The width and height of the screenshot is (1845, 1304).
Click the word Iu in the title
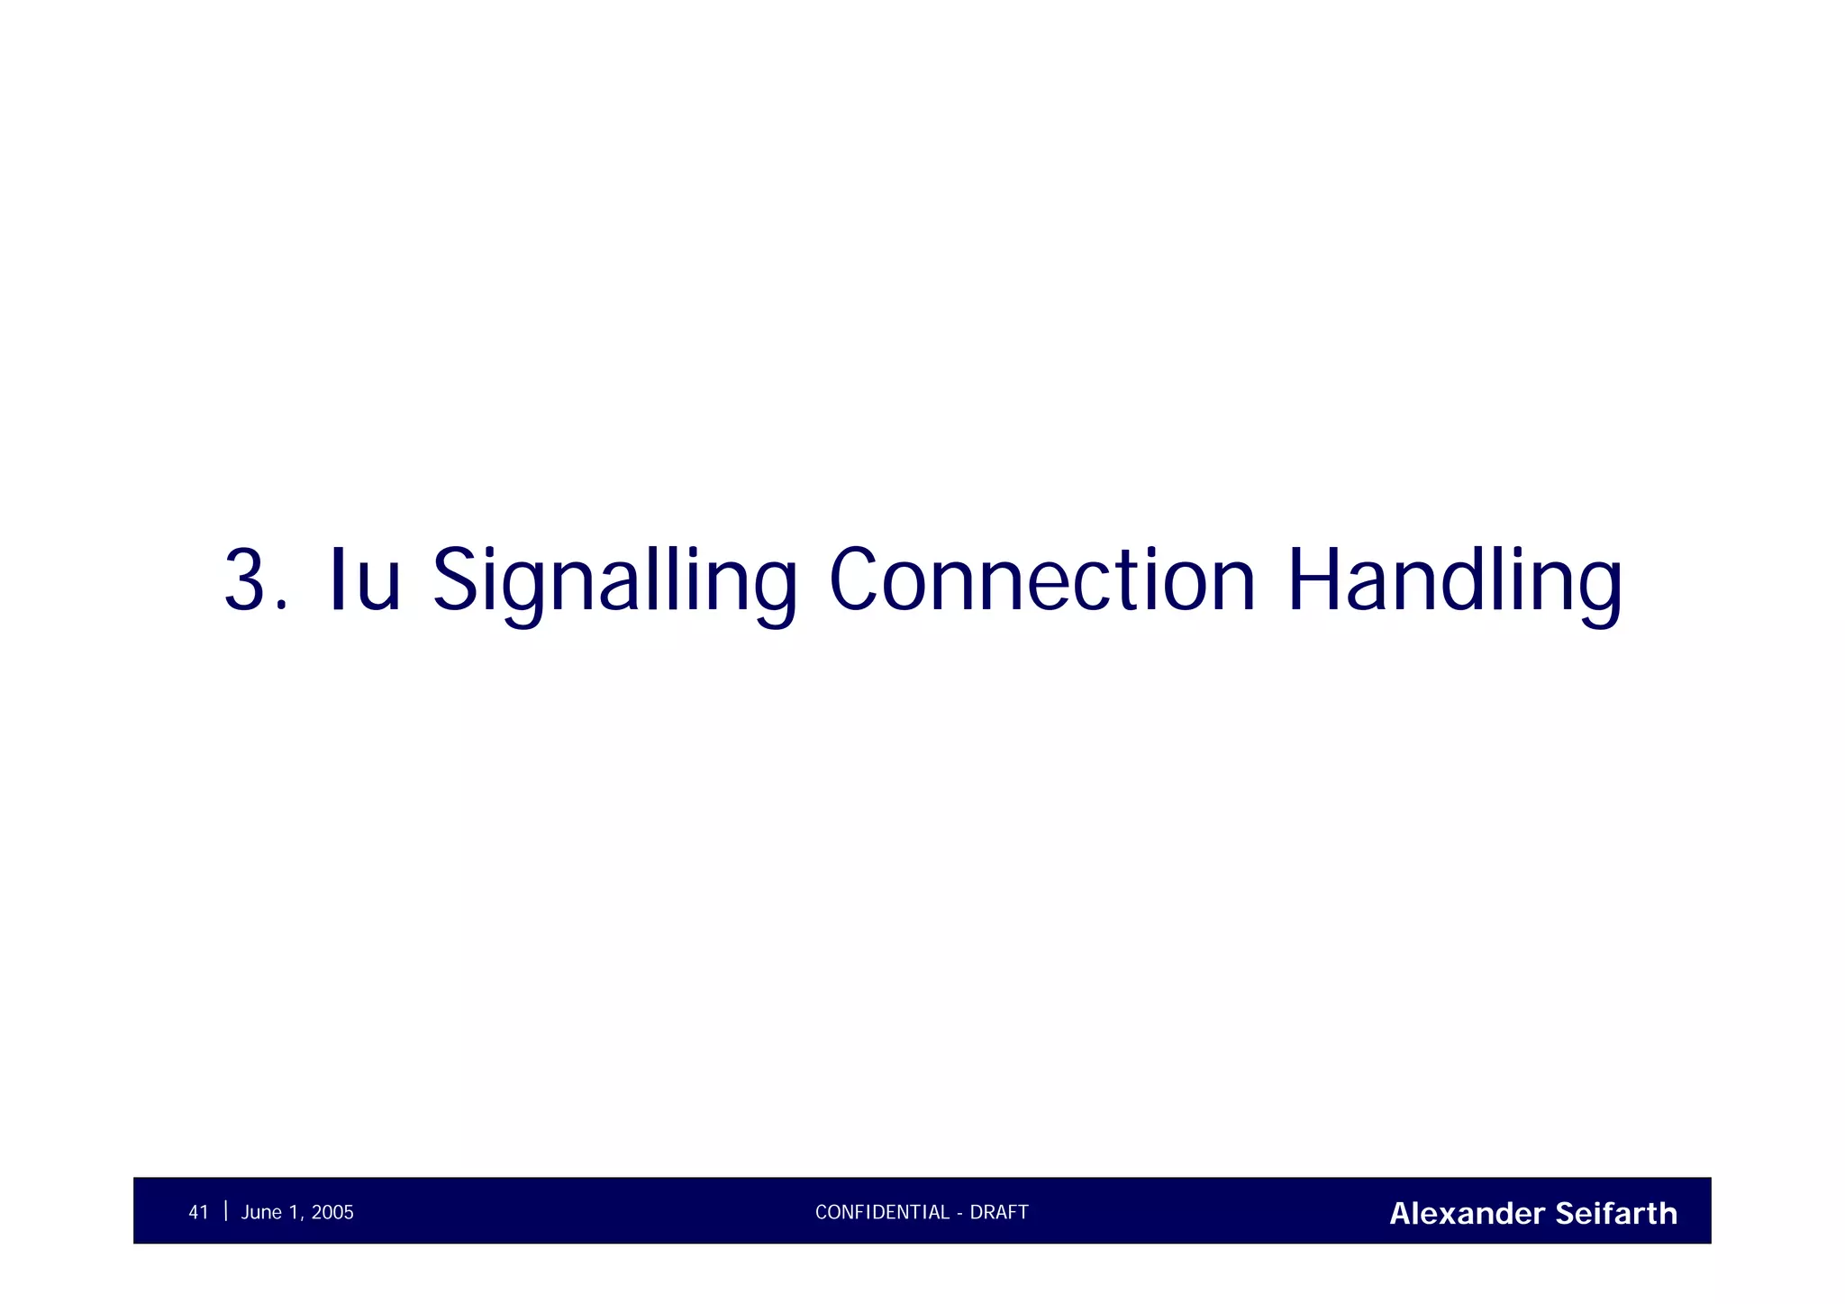pos(365,580)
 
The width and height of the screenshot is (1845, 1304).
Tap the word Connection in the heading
pos(1041,580)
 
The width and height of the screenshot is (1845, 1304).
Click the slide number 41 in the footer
pos(198,1213)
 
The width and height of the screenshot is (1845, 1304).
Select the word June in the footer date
pos(261,1213)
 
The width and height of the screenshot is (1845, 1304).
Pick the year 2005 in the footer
pos(332,1213)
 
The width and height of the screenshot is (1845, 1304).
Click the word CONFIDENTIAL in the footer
pos(882,1213)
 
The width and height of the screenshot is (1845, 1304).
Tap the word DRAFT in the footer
pos(999,1213)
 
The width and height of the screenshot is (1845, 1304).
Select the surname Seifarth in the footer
pos(1616,1214)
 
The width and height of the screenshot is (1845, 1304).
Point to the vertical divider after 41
pos(225,1210)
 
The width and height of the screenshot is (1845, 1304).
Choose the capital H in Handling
pos(1314,580)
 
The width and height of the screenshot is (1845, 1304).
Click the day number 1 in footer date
pos(295,1213)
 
